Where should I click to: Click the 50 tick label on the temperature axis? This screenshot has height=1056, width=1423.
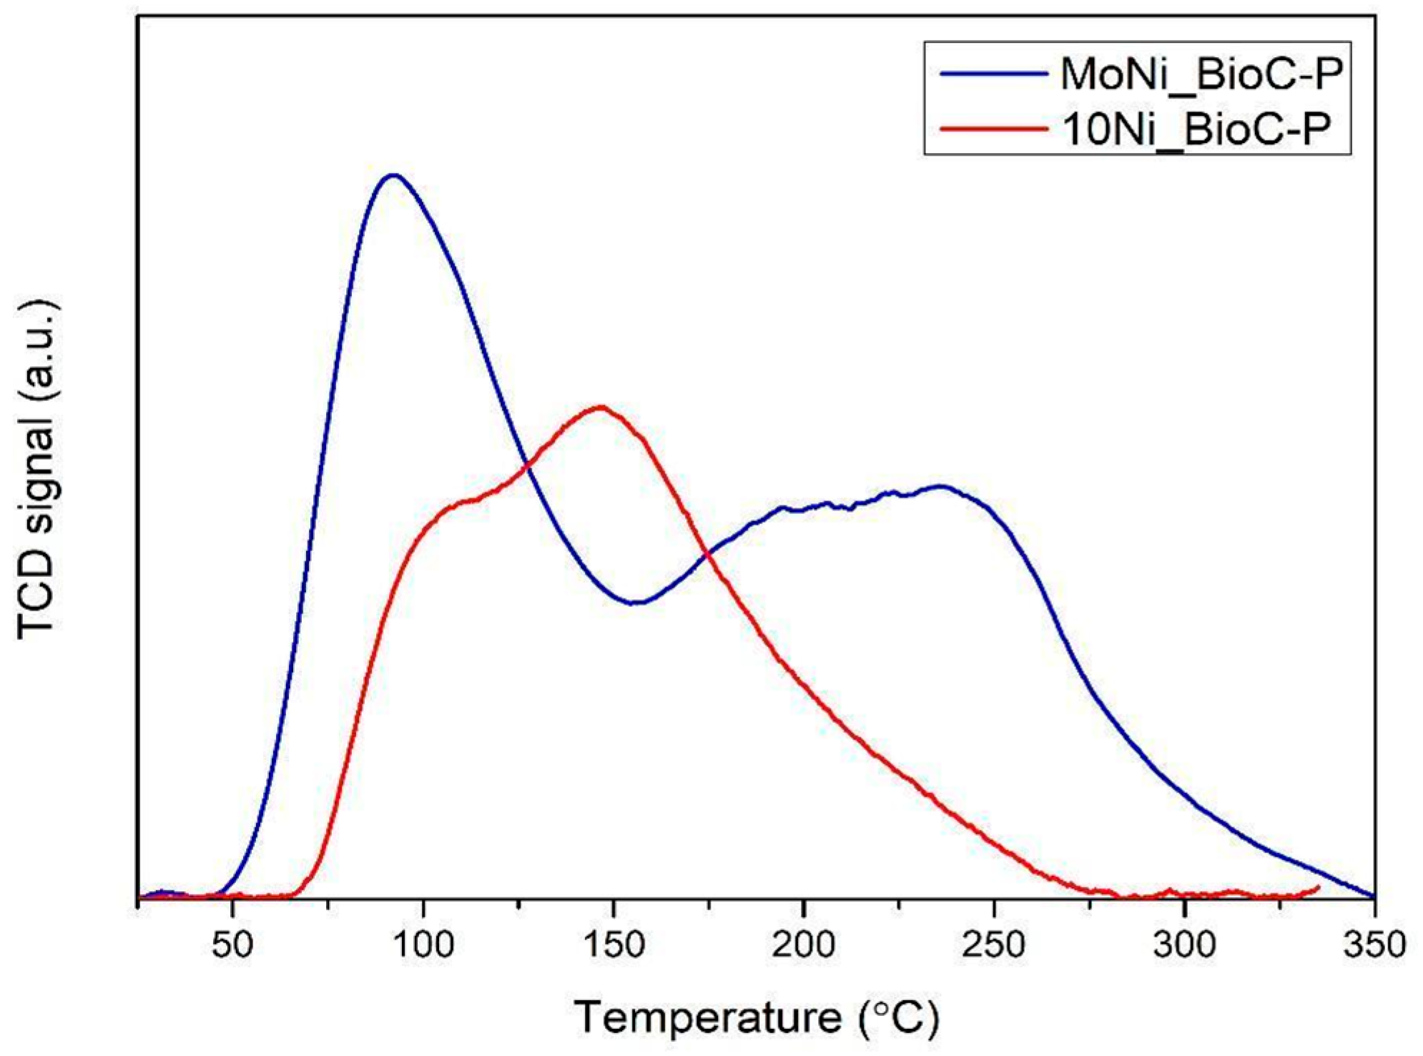[232, 944]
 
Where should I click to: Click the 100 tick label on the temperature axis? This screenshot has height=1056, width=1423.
[423, 944]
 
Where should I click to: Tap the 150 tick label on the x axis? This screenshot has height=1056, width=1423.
[614, 944]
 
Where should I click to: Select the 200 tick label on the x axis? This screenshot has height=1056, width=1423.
[804, 944]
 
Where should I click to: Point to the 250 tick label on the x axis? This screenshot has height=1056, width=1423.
[994, 944]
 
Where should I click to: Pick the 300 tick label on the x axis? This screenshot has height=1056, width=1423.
[1184, 944]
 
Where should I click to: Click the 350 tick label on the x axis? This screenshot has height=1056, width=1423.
[1374, 944]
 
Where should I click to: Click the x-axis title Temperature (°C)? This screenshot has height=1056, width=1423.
[756, 1017]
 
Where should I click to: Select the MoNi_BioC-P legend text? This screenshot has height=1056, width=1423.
[1201, 74]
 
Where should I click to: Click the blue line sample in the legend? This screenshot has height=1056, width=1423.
[993, 74]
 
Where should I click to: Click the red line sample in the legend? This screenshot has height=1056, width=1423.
[993, 129]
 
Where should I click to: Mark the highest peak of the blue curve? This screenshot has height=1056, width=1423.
[393, 174]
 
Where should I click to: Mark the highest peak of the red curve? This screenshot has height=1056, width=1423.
[601, 407]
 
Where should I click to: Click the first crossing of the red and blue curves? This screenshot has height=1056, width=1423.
[528, 466]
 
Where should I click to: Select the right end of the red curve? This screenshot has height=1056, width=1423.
[1318, 887]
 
